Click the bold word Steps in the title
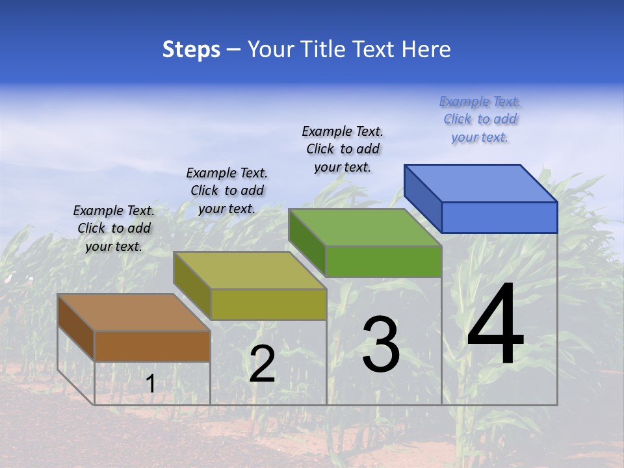[191, 49]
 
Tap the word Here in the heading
[426, 49]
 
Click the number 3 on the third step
[381, 344]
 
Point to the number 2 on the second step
[262, 364]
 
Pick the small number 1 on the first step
[150, 383]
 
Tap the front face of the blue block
[499, 217]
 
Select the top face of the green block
[365, 227]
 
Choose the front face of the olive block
[268, 304]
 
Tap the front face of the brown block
[152, 346]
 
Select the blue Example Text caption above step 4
[480, 119]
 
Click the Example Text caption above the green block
[343, 149]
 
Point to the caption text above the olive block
[227, 190]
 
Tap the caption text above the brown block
[114, 228]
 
